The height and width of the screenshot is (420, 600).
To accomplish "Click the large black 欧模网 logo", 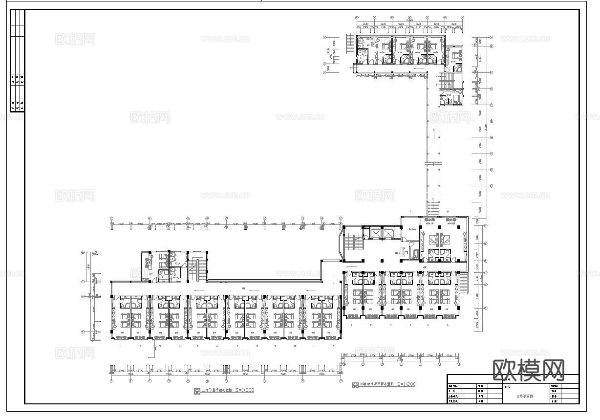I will (529, 370).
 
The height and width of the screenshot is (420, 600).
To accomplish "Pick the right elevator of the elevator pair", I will (386, 233).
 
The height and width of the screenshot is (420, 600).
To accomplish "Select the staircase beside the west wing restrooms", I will (198, 268).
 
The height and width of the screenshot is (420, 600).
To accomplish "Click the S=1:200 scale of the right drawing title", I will (405, 384).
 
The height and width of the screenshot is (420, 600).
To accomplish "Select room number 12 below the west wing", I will (332, 346).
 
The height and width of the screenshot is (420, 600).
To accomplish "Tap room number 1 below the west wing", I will (120, 346).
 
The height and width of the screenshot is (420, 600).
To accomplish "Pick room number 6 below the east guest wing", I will (448, 325).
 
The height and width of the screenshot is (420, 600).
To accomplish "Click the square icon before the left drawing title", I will (196, 391).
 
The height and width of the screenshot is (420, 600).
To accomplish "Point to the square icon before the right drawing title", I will (355, 385).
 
